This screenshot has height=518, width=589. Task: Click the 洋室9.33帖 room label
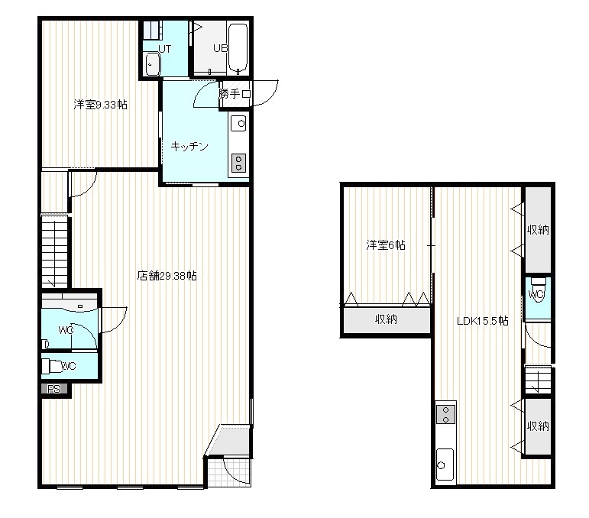coord(100,104)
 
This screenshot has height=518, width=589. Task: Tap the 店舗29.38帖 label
coord(167,276)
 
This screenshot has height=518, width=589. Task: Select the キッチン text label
coord(189,146)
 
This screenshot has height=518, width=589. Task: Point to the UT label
coord(164,49)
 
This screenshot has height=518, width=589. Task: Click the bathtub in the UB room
coord(238,47)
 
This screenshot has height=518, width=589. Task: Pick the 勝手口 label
coord(235,93)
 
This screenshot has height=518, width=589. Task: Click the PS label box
coord(54,389)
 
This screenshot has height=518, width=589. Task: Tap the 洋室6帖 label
coord(386,245)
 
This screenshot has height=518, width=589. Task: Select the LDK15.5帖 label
coord(483,321)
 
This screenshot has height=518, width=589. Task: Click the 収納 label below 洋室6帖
coord(386,319)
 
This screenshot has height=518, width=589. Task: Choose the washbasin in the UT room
coord(153,64)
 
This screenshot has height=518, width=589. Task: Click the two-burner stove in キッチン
coord(238,163)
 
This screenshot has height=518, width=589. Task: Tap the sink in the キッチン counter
coord(238,123)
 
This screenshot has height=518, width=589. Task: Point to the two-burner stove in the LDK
coord(446,414)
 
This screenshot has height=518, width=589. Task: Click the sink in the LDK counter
coord(445,465)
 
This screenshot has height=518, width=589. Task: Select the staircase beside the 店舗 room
coord(55,252)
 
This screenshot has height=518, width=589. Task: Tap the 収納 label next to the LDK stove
coord(538,426)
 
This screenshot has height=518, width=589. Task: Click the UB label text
coord(220,48)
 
